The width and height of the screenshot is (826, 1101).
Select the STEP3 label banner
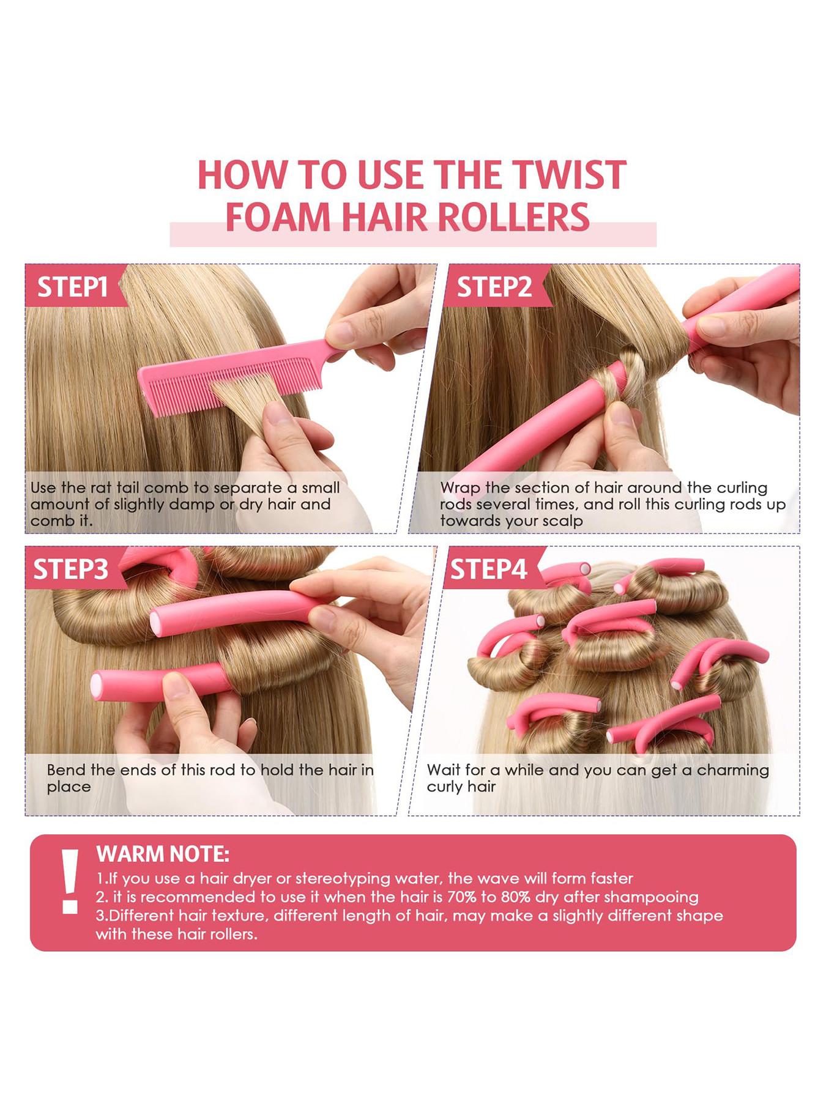(71, 569)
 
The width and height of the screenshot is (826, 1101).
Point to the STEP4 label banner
(488, 569)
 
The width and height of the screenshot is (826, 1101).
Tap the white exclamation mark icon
(70, 881)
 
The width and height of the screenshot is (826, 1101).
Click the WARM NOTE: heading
(163, 854)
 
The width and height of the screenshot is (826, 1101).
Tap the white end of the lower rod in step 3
(97, 686)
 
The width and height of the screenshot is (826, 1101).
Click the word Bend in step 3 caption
(66, 770)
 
